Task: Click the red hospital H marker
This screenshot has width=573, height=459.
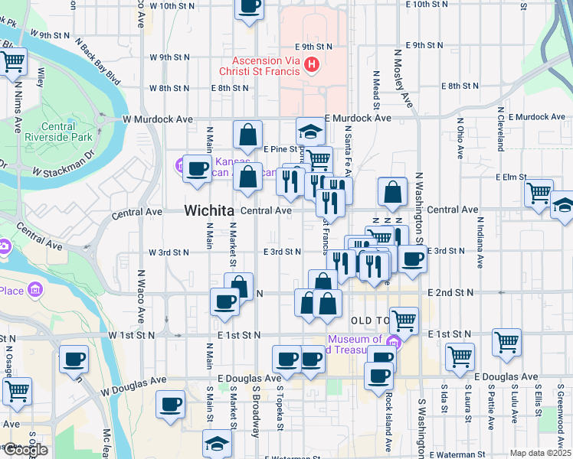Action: point(311,65)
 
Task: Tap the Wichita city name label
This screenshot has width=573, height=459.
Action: point(208,210)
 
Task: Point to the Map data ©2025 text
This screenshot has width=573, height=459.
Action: point(540,453)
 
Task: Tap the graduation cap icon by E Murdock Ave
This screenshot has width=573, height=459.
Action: point(310,131)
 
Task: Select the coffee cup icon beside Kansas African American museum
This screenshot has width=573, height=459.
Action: point(197,168)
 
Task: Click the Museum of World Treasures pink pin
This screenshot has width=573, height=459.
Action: point(394,340)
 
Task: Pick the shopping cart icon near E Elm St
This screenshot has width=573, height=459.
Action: point(539,192)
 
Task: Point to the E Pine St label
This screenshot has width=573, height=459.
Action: point(280,149)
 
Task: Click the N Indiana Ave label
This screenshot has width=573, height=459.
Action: point(480,243)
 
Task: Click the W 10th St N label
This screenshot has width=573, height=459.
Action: point(183,5)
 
